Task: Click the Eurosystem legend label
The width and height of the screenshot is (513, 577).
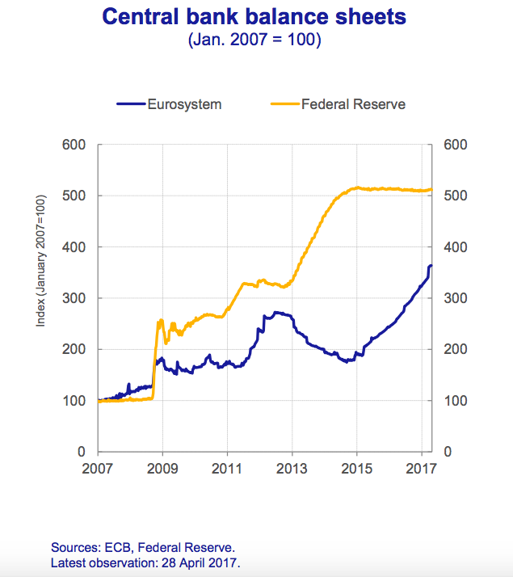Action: point(183,103)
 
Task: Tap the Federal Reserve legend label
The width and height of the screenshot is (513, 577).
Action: point(353,103)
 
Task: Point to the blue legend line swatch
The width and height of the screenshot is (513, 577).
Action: point(130,103)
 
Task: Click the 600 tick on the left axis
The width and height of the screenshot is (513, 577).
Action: point(74,145)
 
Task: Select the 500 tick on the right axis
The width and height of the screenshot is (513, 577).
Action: point(457,196)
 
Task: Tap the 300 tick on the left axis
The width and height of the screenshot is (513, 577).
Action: point(74,298)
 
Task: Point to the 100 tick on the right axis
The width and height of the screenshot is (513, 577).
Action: point(457,401)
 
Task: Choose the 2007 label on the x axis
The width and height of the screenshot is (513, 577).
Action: point(98,468)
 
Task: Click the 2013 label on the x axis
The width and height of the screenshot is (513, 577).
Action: point(292,468)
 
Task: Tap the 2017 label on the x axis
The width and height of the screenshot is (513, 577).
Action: point(422,468)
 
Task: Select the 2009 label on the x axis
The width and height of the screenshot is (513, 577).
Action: point(162,468)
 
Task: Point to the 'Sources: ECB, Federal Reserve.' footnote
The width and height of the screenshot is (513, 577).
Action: point(142,547)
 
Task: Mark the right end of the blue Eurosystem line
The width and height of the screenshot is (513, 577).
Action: point(431,265)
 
